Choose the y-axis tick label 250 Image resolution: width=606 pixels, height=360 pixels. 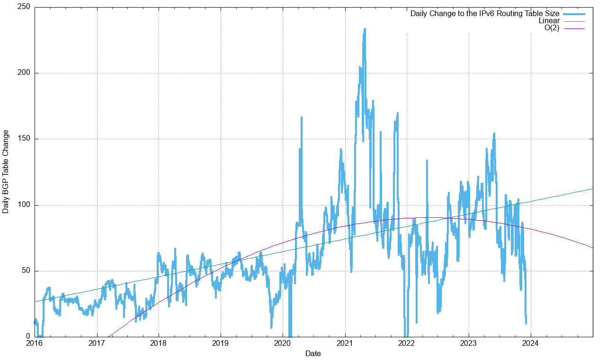24,7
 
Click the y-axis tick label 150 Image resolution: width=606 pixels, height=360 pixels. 24,139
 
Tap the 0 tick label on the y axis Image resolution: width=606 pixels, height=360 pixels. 28,336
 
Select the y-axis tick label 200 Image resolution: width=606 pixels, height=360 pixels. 24,73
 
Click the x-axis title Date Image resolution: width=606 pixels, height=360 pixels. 313,353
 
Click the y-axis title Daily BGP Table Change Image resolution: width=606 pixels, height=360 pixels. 6,171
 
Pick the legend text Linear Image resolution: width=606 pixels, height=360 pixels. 549,21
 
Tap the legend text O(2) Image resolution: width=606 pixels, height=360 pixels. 552,28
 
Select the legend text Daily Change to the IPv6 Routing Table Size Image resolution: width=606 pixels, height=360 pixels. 485,13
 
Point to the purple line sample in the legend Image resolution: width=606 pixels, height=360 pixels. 574,28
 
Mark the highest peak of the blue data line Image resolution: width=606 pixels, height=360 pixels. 365,29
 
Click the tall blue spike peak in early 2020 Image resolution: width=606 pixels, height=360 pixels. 301,117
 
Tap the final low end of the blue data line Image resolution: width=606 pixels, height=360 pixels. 526,324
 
